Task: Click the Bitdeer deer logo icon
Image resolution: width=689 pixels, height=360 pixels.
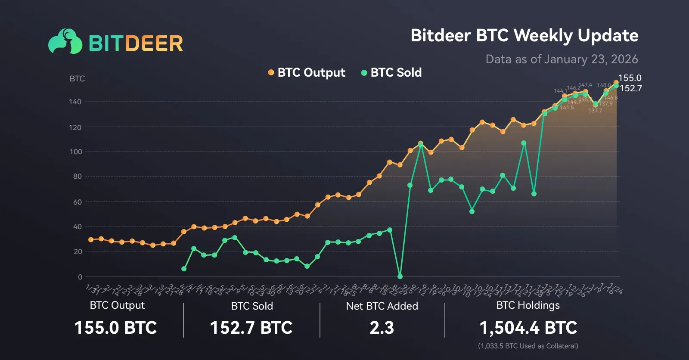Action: [65, 41]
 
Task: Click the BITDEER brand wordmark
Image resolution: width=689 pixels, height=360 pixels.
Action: [136, 43]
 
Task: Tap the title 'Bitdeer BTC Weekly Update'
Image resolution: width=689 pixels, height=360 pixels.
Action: [524, 35]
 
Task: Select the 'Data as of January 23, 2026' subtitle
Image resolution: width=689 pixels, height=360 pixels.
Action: [562, 59]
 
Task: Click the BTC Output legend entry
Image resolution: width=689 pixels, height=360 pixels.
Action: [307, 72]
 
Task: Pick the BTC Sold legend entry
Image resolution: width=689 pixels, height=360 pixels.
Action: [391, 72]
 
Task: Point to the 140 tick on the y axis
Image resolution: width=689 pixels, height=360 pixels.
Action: [75, 102]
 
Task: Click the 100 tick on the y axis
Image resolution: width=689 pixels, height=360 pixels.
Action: [75, 152]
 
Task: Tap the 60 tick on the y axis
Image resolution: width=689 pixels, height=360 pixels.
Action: [77, 202]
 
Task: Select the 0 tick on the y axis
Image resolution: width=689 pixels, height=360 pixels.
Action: [80, 277]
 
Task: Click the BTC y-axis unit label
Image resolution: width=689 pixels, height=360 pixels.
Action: [77, 78]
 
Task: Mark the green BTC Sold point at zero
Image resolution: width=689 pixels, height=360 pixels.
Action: [400, 276]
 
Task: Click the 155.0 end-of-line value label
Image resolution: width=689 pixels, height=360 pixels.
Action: [630, 78]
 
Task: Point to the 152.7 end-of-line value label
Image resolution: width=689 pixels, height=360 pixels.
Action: [630, 88]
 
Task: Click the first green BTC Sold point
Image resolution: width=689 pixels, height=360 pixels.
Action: [184, 269]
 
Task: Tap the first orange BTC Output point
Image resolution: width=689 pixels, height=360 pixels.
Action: [91, 239]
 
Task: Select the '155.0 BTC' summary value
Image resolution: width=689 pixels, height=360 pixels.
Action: [115, 328]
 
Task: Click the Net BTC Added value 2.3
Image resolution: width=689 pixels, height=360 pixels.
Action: [382, 328]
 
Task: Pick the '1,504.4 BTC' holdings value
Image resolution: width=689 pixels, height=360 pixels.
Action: [528, 328]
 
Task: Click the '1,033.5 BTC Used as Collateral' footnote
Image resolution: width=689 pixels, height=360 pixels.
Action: [528, 346]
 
